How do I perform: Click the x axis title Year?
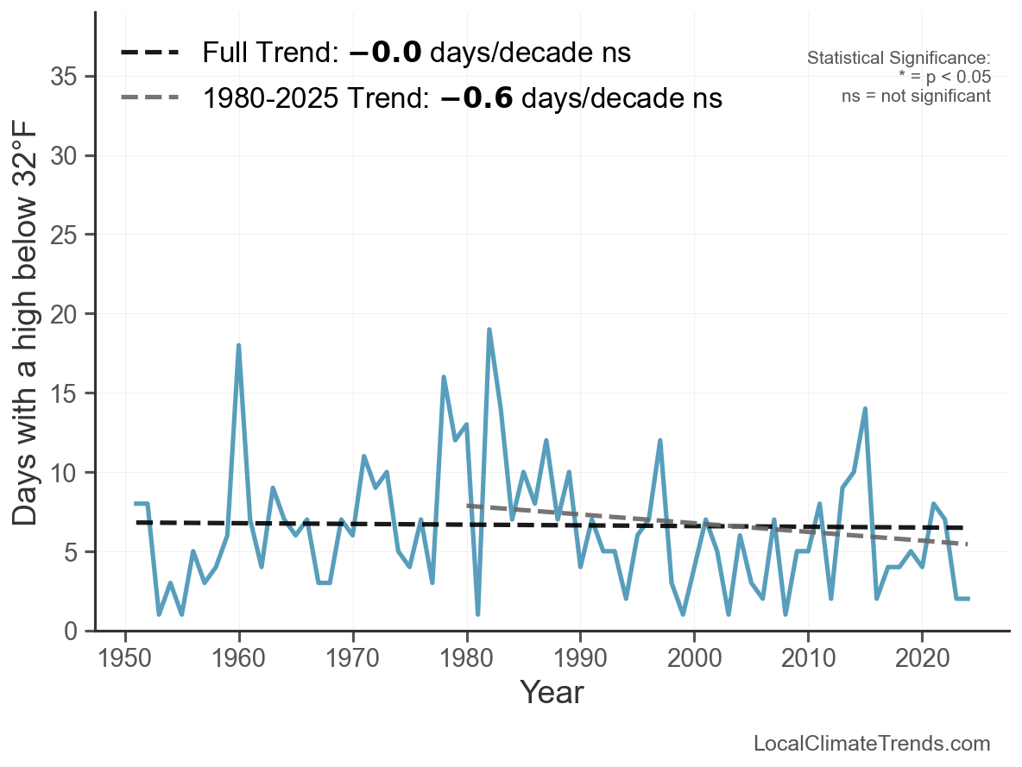click(552, 693)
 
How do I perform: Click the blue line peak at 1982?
click(489, 330)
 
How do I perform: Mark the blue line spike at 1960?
click(238, 345)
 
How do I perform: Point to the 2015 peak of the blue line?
click(865, 409)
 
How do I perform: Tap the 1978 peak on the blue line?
click(444, 377)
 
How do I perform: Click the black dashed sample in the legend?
click(149, 53)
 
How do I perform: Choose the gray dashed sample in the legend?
click(149, 97)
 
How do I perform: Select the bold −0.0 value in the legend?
click(386, 53)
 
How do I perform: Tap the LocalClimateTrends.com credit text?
click(872, 744)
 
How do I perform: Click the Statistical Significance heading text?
click(899, 59)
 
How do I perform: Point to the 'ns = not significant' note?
click(916, 96)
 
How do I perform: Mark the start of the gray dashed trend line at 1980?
click(467, 506)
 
